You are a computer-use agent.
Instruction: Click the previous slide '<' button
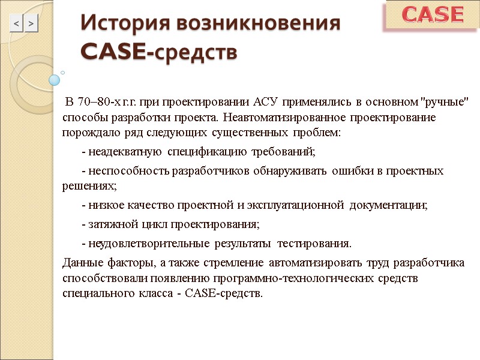(16, 24)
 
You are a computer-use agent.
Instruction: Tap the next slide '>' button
(31, 24)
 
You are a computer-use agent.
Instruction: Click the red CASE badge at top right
(433, 14)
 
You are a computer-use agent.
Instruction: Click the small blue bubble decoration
(55, 79)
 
